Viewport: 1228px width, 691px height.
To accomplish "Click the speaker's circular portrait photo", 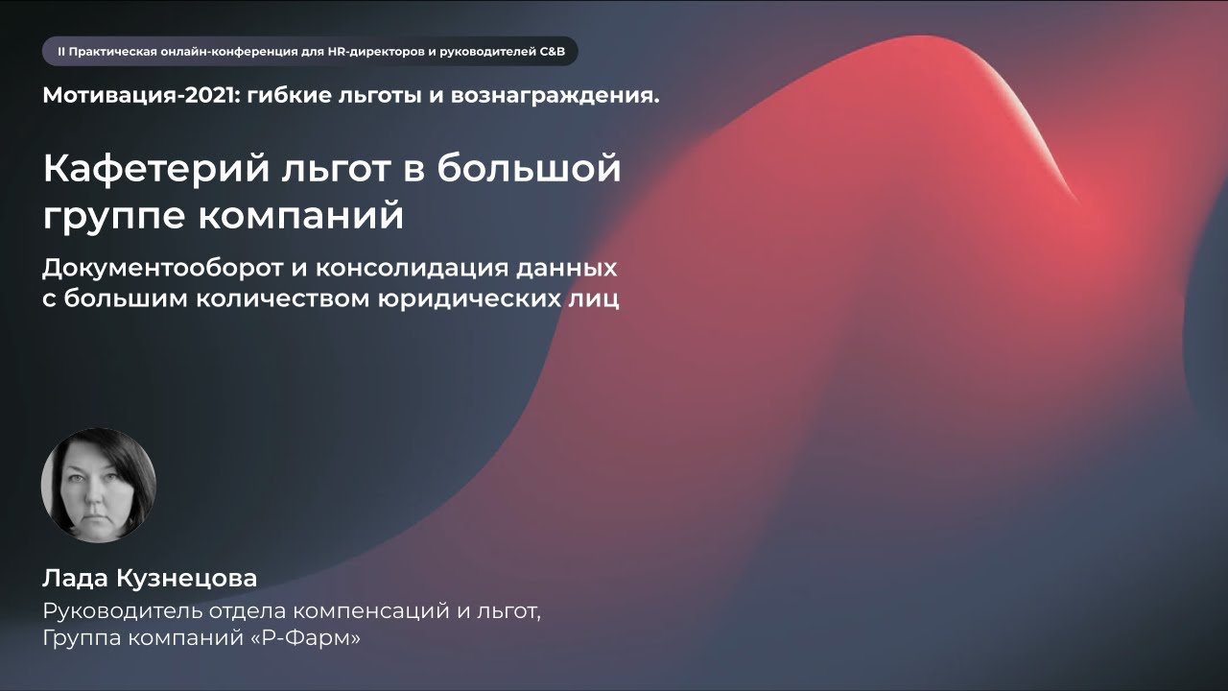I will point(99,485).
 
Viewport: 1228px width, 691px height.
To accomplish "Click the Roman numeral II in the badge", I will point(61,51).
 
